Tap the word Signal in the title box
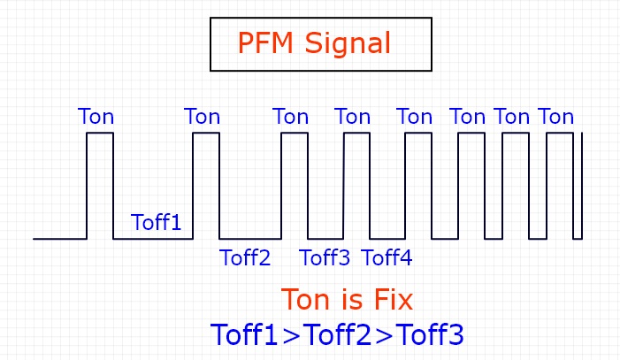[351, 43]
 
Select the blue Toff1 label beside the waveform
[156, 222]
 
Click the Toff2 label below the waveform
[245, 258]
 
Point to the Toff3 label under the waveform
[325, 258]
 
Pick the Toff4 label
[387, 258]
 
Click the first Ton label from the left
[96, 117]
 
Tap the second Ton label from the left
[202, 117]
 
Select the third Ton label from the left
[291, 117]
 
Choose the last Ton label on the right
[556, 117]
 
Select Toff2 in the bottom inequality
[337, 334]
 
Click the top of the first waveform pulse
[100, 133]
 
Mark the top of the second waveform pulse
[206, 133]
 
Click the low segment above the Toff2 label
[250, 239]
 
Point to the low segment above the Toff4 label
[387, 239]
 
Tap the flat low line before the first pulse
[60, 239]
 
